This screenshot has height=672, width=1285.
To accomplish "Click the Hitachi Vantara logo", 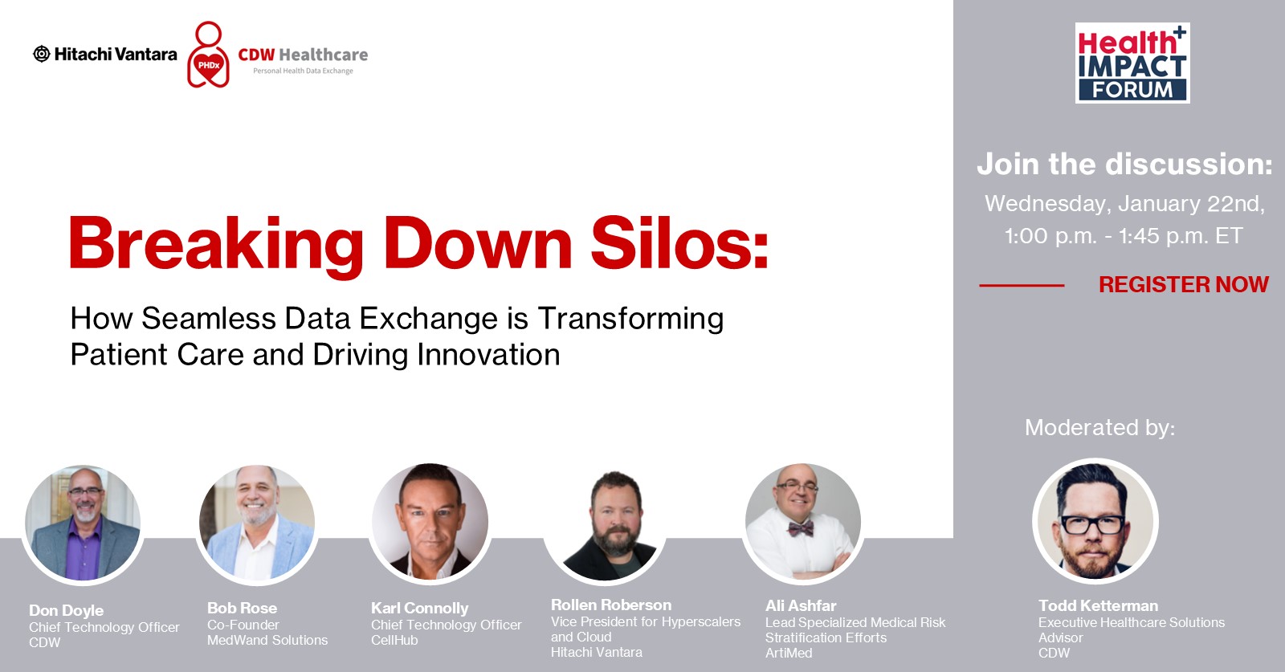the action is pyautogui.click(x=105, y=54).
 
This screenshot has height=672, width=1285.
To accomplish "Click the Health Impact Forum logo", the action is pyautogui.click(x=1132, y=63).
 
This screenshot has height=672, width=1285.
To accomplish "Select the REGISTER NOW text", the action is pyautogui.click(x=1184, y=284).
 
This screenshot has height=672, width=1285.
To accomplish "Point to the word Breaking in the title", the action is pyautogui.click(x=216, y=246).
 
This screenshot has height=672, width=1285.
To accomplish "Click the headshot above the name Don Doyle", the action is pyautogui.click(x=84, y=523).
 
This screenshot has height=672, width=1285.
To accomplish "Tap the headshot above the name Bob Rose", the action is pyautogui.click(x=257, y=523).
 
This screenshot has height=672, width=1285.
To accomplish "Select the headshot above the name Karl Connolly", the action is pyautogui.click(x=430, y=521).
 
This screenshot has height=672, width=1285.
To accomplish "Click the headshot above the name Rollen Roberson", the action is pyautogui.click(x=606, y=523).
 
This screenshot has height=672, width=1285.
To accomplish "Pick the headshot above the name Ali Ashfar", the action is pyautogui.click(x=802, y=521).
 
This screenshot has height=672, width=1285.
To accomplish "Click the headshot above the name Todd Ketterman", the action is pyautogui.click(x=1095, y=521).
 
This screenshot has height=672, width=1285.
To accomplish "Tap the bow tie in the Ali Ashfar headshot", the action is pyautogui.click(x=800, y=527).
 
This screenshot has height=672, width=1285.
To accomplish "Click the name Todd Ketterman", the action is pyautogui.click(x=1098, y=605).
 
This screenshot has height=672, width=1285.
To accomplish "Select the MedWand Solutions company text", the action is pyautogui.click(x=267, y=640).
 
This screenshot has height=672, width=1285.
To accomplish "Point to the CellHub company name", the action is pyautogui.click(x=394, y=640).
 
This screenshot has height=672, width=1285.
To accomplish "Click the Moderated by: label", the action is pyautogui.click(x=1099, y=427).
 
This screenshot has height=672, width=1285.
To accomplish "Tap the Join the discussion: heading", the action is pyautogui.click(x=1125, y=164).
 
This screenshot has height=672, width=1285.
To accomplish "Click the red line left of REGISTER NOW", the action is pyautogui.click(x=1022, y=285).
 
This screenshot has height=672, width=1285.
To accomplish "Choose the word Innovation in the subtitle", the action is pyautogui.click(x=488, y=354).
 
